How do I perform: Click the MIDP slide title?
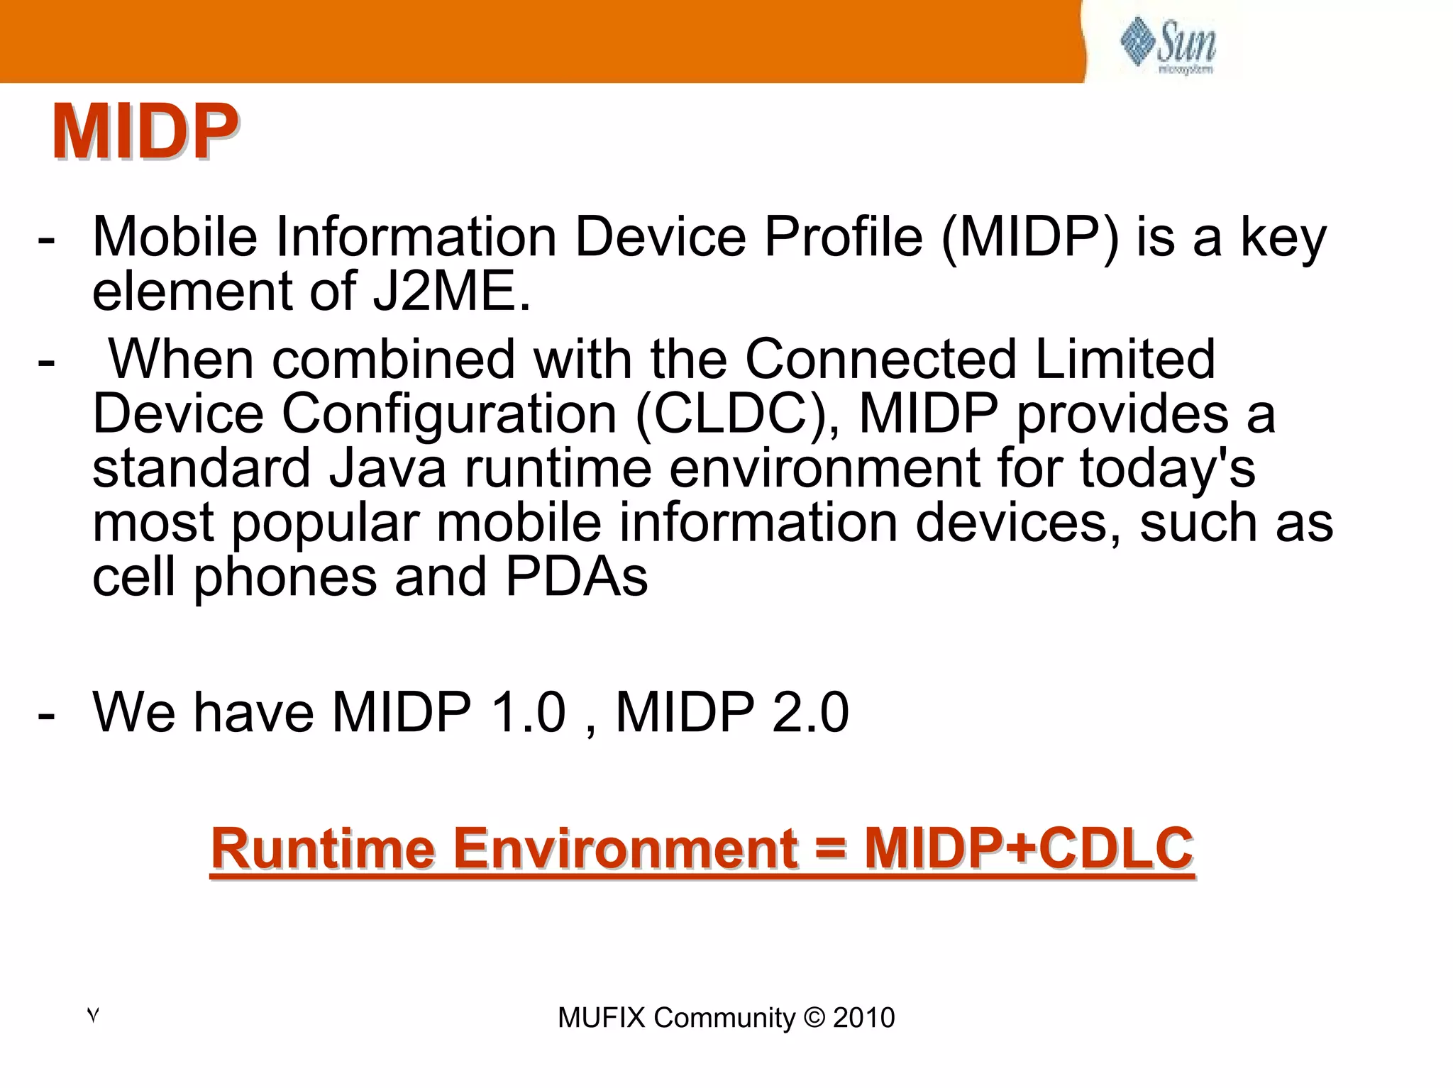pyautogui.click(x=144, y=132)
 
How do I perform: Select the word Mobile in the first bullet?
pyautogui.click(x=175, y=237)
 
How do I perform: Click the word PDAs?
pyautogui.click(x=576, y=577)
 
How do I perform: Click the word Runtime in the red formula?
pyautogui.click(x=323, y=848)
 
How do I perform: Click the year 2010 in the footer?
pyautogui.click(x=863, y=1018)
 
